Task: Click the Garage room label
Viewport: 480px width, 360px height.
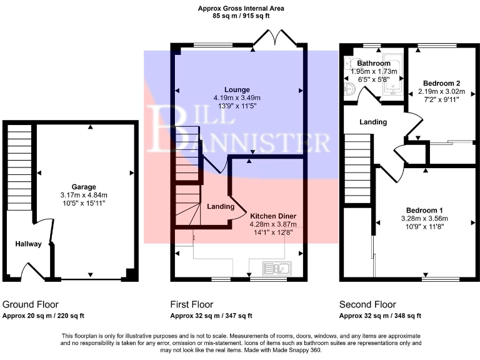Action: coord(83,187)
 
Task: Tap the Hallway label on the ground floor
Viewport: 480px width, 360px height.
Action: coord(29,244)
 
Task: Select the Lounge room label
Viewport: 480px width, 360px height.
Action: coord(238,89)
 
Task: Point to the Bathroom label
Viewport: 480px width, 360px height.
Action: coord(373,64)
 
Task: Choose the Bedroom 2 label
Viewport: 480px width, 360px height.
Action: coord(441,83)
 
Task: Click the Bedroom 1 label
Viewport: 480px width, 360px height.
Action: coord(424,209)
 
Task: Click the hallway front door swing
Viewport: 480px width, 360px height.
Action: coord(31,270)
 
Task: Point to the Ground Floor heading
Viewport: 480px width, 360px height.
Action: coord(29,304)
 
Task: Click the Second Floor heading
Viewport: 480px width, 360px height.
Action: coord(367,304)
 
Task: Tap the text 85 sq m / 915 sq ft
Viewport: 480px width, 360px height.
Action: coord(241,16)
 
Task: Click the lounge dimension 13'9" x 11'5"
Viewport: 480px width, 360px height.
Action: coord(238,106)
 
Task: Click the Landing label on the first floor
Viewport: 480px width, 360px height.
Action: coord(221,206)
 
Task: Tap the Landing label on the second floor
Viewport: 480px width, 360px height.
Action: coord(373,122)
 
